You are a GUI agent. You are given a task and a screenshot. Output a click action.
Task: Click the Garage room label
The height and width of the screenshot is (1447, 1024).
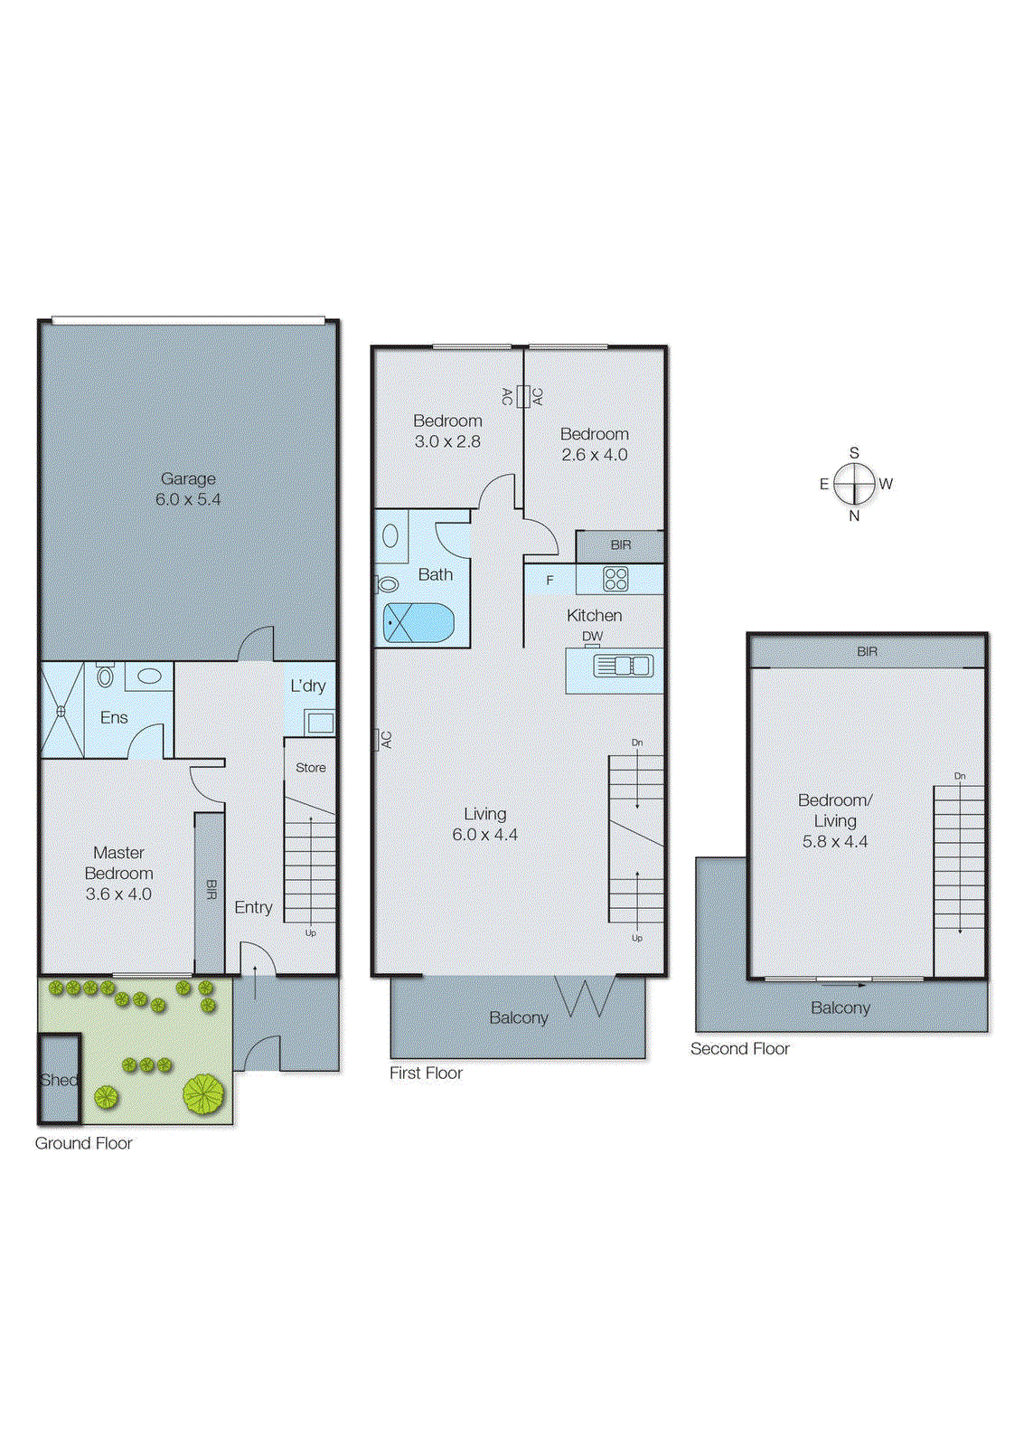(188, 478)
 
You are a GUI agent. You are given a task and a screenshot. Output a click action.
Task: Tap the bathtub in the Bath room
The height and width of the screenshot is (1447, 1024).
(418, 623)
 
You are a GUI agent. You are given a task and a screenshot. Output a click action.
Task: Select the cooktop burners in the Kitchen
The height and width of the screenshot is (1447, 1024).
(615, 579)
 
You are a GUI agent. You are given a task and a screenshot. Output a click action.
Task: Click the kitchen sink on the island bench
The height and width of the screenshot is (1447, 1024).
(623, 667)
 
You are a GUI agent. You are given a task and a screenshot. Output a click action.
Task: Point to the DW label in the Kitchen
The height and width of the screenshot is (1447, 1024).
(592, 636)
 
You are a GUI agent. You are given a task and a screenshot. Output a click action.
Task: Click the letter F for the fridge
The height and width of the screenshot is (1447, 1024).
(550, 581)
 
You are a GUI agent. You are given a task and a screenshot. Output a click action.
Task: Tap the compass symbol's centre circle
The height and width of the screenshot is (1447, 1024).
(854, 484)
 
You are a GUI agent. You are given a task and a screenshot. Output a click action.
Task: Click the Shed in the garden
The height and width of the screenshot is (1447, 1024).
(59, 1079)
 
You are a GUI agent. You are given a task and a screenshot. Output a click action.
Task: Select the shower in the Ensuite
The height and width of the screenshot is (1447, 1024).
(61, 711)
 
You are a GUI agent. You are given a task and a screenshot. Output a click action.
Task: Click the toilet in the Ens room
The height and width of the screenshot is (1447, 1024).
(106, 676)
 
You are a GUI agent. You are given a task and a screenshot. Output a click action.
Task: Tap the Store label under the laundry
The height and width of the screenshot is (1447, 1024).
(310, 768)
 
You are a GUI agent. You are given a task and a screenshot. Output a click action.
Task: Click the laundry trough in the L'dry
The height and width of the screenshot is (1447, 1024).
(320, 722)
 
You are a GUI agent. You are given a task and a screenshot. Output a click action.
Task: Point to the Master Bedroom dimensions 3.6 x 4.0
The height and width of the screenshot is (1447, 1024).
(118, 894)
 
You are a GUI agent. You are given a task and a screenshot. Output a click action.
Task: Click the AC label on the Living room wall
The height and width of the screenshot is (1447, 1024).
(386, 739)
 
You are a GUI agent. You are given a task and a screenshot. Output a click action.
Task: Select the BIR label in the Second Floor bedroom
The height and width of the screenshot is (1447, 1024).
(867, 651)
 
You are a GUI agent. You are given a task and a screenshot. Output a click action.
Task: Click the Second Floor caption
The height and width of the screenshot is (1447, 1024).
(739, 1049)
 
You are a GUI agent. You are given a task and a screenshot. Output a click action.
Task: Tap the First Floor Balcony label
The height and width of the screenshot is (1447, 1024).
(518, 1018)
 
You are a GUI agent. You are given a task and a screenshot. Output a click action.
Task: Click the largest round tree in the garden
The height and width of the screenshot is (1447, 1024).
(203, 1093)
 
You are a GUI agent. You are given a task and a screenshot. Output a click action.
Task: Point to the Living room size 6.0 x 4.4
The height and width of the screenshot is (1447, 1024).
(484, 835)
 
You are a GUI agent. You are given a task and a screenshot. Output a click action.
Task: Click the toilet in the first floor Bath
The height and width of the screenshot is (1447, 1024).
(388, 584)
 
